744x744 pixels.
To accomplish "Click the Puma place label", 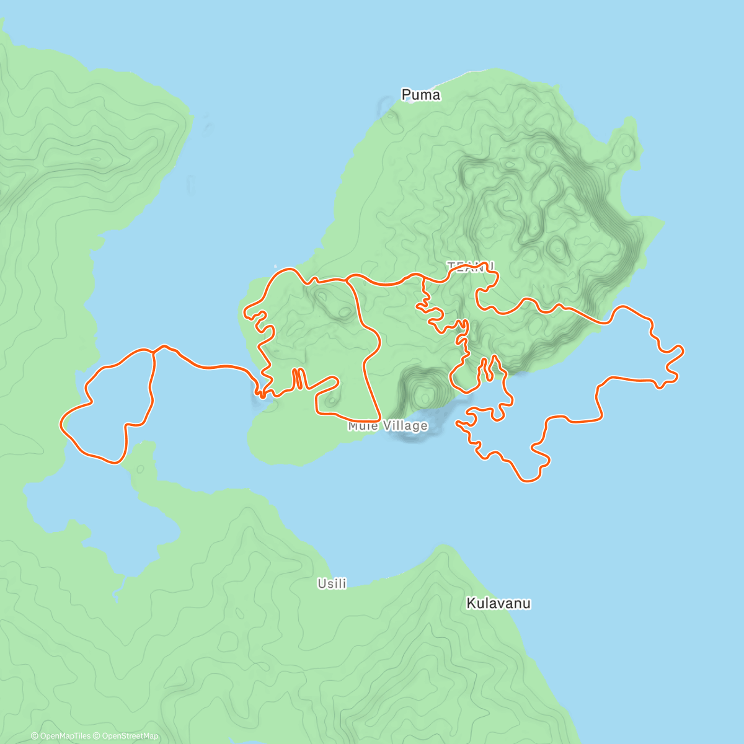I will point(421,95).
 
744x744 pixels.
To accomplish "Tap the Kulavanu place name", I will point(498,603).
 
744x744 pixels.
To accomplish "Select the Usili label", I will point(332,583).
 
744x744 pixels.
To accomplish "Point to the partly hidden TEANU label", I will point(471,266).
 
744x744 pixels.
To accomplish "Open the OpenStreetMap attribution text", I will point(130,736).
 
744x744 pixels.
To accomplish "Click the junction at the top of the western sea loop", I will point(153,351).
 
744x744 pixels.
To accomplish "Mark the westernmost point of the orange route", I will point(61,423).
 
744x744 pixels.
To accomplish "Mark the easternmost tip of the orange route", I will point(683,351).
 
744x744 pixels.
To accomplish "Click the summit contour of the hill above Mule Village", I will point(425,392).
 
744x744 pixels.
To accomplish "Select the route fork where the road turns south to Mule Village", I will point(347,280).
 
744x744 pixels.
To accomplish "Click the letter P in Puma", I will point(406,95).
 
